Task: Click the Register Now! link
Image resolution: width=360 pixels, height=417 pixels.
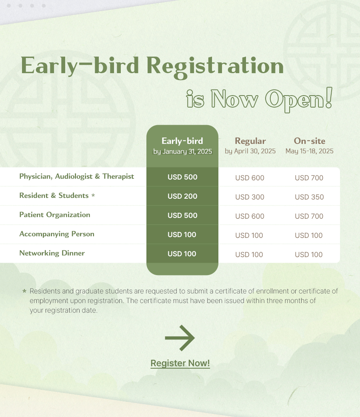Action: pos(180,363)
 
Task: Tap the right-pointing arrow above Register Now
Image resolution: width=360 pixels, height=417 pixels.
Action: pos(180,338)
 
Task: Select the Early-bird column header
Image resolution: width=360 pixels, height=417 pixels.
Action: pos(182,141)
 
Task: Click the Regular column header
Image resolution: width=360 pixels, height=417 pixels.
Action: pos(250,141)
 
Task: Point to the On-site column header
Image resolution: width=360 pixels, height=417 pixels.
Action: pos(310,141)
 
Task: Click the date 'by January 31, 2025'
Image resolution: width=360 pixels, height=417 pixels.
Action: pos(182,152)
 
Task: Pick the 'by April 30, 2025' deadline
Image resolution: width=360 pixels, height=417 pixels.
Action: pos(250,151)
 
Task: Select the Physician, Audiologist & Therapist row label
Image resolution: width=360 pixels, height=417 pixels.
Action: pos(77,177)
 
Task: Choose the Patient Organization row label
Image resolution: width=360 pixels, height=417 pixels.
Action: pos(55,215)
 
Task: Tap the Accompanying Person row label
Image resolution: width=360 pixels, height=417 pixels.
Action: pos(57,234)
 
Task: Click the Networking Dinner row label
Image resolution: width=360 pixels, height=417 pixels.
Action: pos(52,253)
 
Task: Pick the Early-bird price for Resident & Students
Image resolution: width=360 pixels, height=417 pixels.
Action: pos(182,196)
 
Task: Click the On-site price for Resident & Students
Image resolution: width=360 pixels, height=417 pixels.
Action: pos(309,197)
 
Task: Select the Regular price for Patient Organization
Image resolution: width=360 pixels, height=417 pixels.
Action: pos(250,216)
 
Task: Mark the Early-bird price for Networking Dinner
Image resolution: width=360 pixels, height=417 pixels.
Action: pos(182,254)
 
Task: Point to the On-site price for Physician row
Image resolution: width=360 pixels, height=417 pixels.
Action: pos(309,178)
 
